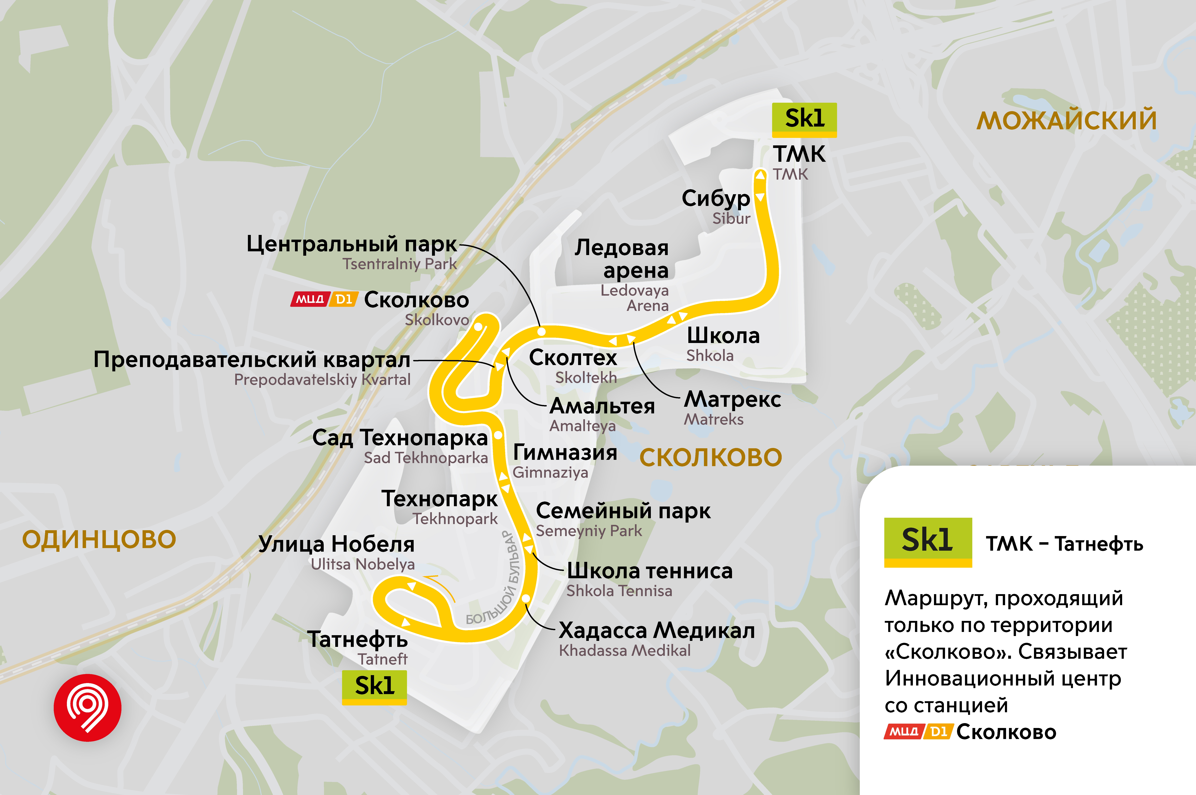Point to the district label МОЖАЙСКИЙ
[x=1067, y=121]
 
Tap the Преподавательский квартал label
[x=252, y=360]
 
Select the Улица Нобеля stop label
[x=336, y=544]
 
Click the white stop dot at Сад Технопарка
[x=498, y=435]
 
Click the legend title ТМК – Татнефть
[x=1064, y=544]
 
